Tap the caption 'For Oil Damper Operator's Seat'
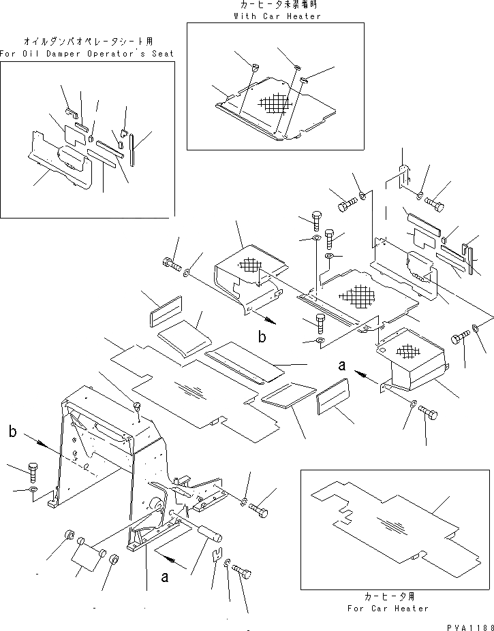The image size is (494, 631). pos(87,53)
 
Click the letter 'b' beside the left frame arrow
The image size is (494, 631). pos(13,431)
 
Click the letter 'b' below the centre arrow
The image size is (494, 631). pos(262,336)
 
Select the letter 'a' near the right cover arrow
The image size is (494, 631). pos(342,366)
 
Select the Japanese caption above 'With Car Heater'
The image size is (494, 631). pos(276,5)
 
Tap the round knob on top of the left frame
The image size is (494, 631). pos(138,407)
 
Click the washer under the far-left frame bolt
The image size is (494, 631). pos(33,490)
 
